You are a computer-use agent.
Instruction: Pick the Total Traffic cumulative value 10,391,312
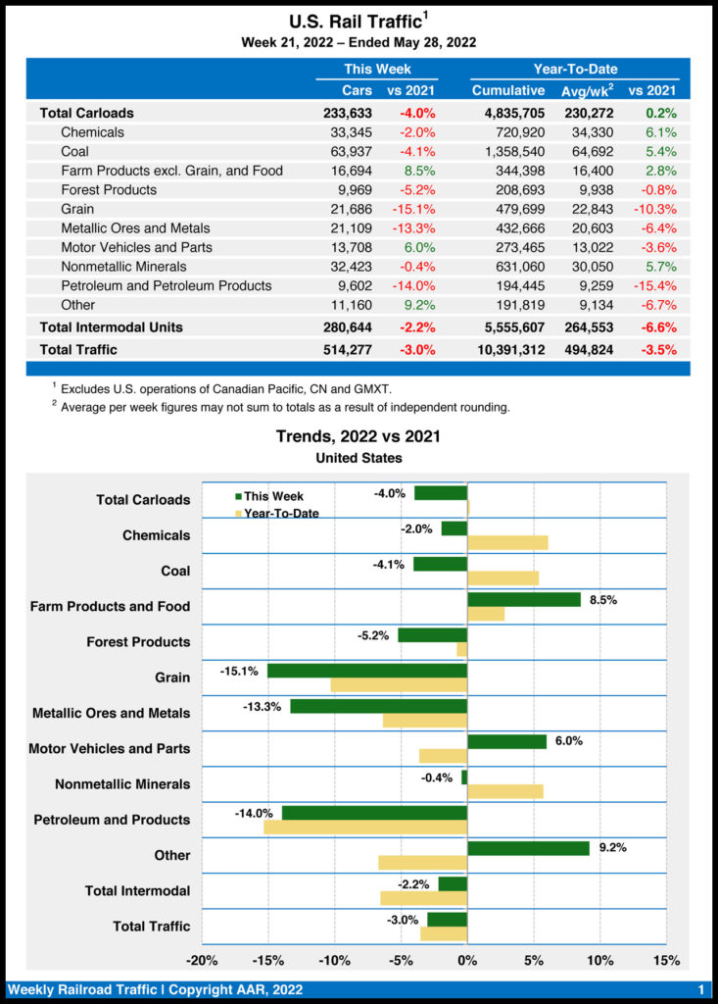[x=502, y=349]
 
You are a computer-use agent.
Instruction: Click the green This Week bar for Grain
[x=367, y=671]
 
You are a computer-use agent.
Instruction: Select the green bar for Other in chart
[x=528, y=848]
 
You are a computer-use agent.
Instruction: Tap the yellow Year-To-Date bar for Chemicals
[x=507, y=543]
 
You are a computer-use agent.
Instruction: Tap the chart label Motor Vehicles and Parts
[x=110, y=749]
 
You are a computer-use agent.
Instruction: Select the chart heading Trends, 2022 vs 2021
[x=359, y=436]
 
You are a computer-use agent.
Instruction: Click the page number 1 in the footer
[x=701, y=990]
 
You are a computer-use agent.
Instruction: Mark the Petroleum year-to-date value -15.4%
[x=655, y=285]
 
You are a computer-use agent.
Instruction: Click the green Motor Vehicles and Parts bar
[x=507, y=742]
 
